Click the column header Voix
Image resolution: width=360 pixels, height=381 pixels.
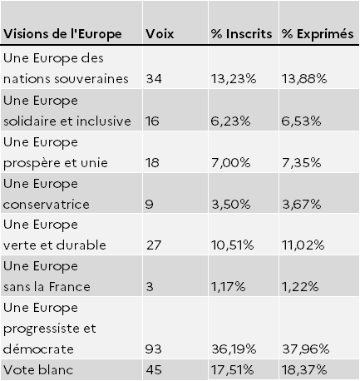point(160,34)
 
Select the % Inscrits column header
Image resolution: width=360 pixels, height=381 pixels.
point(241,34)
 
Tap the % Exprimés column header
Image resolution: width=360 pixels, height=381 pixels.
point(318,34)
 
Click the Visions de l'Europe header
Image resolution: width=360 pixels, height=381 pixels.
point(62,34)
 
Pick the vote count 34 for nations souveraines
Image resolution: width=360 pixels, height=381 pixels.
point(154,79)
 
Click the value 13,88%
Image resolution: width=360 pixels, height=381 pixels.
point(304,79)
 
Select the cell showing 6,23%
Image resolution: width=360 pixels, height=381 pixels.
point(230,121)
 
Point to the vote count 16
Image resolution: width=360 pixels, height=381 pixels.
point(152,121)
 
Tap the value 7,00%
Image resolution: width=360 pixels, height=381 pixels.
point(230,163)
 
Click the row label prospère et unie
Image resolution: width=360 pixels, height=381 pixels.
point(56,163)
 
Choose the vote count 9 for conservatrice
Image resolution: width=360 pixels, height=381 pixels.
point(149,205)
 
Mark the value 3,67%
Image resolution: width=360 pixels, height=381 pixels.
point(302,205)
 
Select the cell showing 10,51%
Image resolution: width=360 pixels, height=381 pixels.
point(232,245)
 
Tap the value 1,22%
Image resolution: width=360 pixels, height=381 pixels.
point(300,287)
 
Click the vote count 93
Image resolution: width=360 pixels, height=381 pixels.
point(153,349)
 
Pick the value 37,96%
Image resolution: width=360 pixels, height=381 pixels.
point(306,349)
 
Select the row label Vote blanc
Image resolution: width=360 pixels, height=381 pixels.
point(38,370)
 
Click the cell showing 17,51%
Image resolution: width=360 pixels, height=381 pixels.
point(232,370)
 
